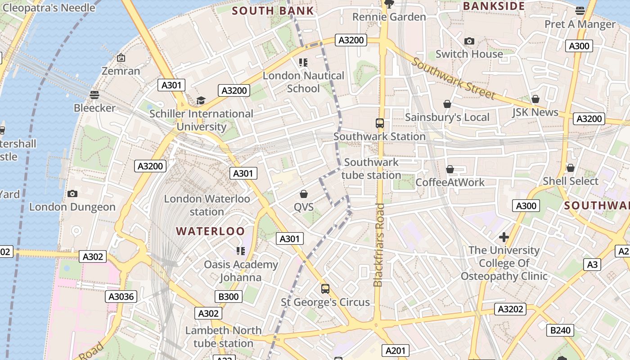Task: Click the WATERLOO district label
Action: point(210,231)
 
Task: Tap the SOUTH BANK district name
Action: point(273,11)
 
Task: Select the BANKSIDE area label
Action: point(494,6)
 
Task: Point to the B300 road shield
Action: point(229,297)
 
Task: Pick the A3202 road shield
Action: point(510,309)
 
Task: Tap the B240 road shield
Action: point(560,330)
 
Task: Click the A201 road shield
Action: point(396,351)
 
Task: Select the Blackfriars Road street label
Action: point(379,245)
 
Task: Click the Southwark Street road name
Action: point(453,79)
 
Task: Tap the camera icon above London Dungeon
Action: point(72,194)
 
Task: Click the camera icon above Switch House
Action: point(469,41)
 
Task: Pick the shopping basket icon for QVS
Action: point(304,194)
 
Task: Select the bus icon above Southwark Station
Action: point(379,123)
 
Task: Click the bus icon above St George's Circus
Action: point(325,289)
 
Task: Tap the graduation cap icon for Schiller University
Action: point(201,101)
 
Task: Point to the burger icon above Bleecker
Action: point(94,95)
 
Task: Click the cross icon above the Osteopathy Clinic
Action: point(504,237)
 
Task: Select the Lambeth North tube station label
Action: point(223,337)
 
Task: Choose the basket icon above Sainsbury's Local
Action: point(447,104)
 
